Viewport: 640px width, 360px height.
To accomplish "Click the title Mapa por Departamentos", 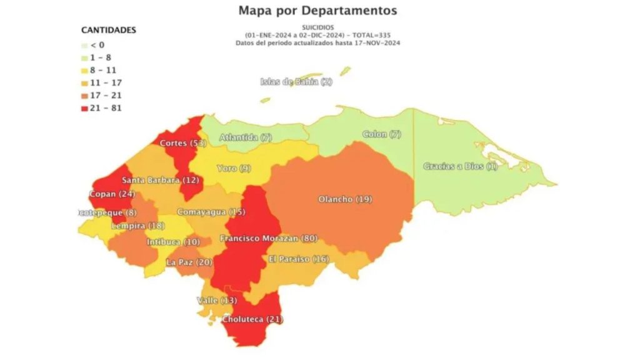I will (x=317, y=11).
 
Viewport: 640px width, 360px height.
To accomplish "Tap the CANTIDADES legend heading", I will (x=109, y=30).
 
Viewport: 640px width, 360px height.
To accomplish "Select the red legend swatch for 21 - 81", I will (x=85, y=108).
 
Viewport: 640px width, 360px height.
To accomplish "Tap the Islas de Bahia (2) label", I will (x=296, y=82).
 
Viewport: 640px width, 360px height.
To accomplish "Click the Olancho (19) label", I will (x=345, y=199).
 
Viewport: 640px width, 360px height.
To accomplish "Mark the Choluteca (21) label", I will (x=252, y=319).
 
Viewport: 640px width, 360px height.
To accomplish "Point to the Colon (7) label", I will (x=382, y=134).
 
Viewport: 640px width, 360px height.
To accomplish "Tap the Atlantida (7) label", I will (x=246, y=137).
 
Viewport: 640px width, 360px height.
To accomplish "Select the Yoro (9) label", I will (x=234, y=168).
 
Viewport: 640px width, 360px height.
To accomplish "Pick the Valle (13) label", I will (x=217, y=301).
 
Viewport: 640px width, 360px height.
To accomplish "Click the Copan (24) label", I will (x=112, y=194).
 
